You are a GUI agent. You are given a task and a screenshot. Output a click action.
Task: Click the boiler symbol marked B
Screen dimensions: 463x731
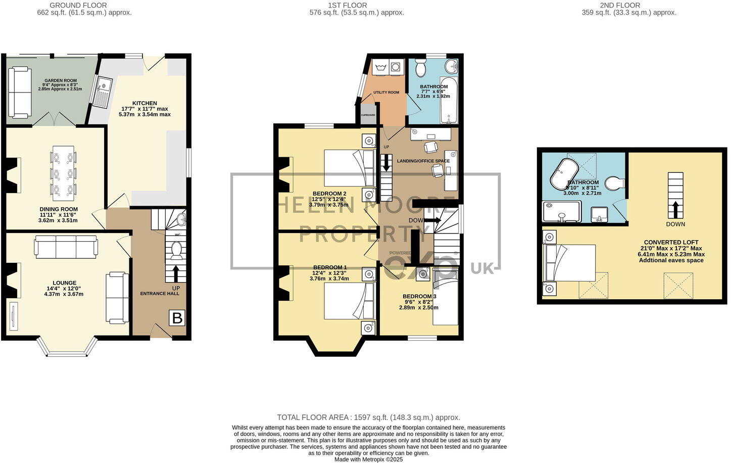(x=177, y=318)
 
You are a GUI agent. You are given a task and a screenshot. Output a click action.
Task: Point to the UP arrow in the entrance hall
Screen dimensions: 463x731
(x=176, y=273)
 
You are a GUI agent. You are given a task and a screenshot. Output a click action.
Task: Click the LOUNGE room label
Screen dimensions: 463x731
(x=65, y=283)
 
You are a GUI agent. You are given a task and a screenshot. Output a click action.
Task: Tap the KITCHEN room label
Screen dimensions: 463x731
(x=145, y=103)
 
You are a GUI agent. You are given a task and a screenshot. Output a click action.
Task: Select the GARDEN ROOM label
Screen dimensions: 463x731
(x=60, y=80)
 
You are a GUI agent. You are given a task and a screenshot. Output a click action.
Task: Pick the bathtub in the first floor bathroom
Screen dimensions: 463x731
(x=449, y=100)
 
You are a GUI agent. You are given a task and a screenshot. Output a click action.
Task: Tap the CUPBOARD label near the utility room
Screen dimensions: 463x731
(x=368, y=115)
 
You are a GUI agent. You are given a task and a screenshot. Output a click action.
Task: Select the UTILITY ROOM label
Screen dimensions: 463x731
(x=386, y=92)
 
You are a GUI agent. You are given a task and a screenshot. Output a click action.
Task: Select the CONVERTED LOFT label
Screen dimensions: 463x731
(x=671, y=242)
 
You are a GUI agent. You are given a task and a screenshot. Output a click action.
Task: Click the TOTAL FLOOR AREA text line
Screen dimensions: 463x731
(x=368, y=418)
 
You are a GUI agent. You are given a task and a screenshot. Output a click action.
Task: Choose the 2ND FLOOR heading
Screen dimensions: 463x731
(x=620, y=5)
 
